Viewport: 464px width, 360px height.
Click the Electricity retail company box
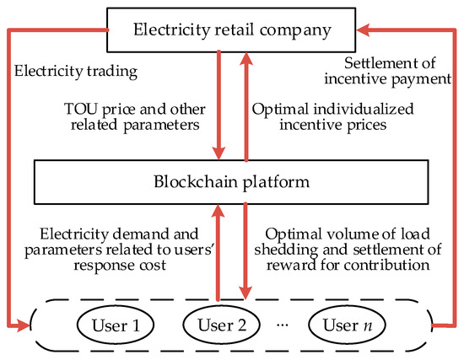click(231, 32)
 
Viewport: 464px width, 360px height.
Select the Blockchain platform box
click(231, 180)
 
